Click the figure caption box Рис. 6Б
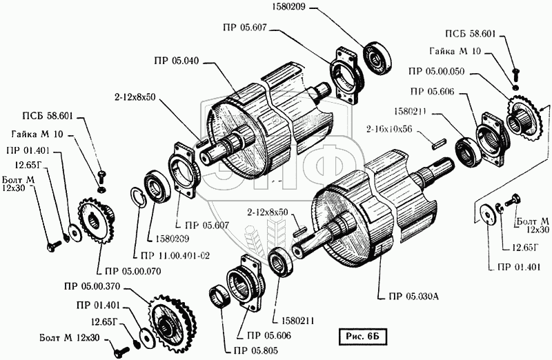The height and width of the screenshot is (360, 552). click(x=362, y=337)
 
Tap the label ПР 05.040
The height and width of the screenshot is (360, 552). click(x=176, y=61)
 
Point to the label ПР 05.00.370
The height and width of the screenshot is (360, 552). click(x=92, y=286)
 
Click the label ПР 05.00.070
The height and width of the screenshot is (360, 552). click(x=132, y=271)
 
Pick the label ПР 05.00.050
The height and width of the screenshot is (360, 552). click(x=437, y=72)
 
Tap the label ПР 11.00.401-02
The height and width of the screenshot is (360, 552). click(x=175, y=256)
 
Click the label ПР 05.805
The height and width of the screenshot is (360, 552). click(x=255, y=350)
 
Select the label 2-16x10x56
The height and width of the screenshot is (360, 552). click(x=389, y=129)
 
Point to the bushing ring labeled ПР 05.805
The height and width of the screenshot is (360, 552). click(x=220, y=298)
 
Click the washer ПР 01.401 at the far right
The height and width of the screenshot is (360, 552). click(x=489, y=214)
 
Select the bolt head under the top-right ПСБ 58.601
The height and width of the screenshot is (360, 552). click(x=515, y=73)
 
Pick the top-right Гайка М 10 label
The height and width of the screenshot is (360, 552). click(x=455, y=51)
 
